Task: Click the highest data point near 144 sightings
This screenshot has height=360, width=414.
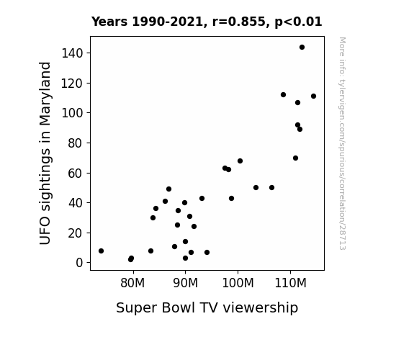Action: (x=302, y=48)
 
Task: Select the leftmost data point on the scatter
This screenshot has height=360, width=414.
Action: (x=101, y=251)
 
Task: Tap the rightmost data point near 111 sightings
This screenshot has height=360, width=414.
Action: (x=313, y=96)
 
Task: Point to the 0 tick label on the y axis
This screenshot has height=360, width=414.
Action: (x=79, y=263)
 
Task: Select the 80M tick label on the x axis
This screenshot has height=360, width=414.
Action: (x=132, y=283)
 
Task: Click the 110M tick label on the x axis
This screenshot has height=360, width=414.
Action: (x=290, y=283)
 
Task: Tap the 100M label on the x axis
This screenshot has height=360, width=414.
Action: (x=238, y=283)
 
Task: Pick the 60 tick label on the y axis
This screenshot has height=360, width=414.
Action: (x=76, y=174)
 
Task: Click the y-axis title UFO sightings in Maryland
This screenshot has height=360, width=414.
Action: (x=45, y=153)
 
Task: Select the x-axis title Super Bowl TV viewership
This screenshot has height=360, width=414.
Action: (x=207, y=308)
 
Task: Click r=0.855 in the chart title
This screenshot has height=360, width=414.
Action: (x=239, y=22)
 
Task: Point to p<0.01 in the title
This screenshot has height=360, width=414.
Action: (x=298, y=22)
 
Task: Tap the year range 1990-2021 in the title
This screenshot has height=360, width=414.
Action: (x=167, y=22)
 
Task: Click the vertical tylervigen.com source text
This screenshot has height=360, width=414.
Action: (x=343, y=143)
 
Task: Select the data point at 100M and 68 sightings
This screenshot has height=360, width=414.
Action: (x=240, y=161)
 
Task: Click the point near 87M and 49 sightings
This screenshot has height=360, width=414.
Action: (x=168, y=189)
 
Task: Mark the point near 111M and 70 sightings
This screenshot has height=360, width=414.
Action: (x=295, y=158)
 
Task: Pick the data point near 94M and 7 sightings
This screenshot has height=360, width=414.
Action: (x=207, y=253)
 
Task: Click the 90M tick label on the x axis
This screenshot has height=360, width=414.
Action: (x=185, y=283)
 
